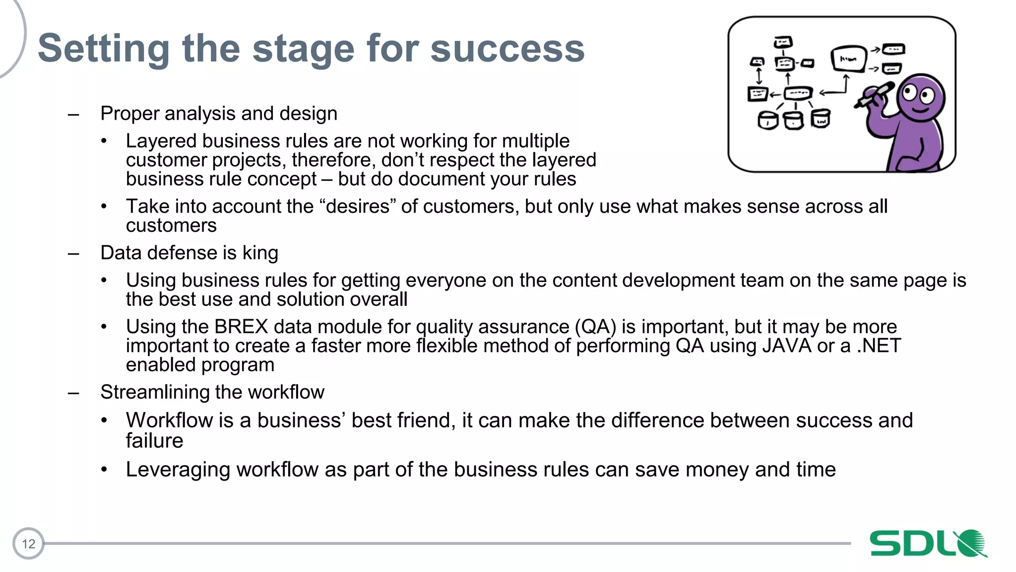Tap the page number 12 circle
[x=28, y=544]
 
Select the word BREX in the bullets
[x=241, y=327]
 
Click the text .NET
[x=879, y=346]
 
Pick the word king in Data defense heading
[x=260, y=253]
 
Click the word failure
[x=154, y=441]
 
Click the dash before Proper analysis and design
[x=73, y=115]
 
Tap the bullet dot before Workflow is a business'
[x=104, y=421]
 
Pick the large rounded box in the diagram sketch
[x=848, y=59]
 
